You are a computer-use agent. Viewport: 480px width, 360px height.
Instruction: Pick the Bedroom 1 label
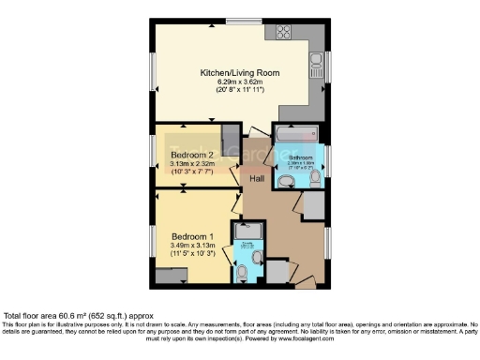point(191,236)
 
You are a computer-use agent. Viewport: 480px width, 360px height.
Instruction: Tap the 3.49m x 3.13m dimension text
point(192,246)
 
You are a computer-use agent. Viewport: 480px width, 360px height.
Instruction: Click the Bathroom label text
point(300,157)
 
